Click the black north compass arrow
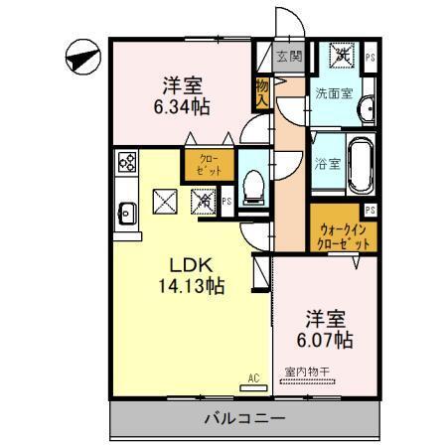tap(80, 56)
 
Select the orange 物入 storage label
tap(262, 92)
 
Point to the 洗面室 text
tap(333, 92)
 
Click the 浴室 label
tap(327, 162)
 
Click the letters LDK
tap(190, 265)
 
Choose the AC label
tap(253, 376)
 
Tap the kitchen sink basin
tap(127, 211)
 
